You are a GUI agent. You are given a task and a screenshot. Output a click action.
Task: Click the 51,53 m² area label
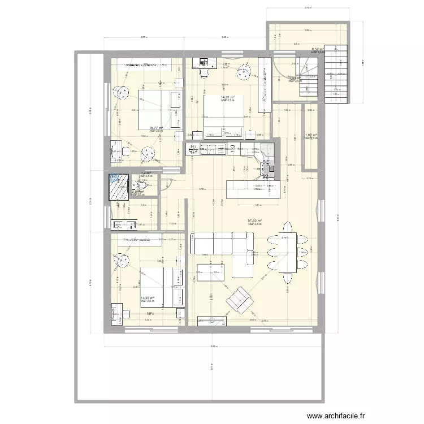pyautogui.click(x=256, y=221)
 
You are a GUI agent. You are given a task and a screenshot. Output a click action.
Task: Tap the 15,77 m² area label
pyautogui.click(x=155, y=128)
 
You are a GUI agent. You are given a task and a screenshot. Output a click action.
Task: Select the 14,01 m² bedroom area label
pyautogui.click(x=227, y=98)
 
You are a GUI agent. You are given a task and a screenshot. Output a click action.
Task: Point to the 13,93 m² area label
pyautogui.click(x=146, y=298)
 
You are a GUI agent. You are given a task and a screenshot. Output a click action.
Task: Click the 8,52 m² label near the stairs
pyautogui.click(x=317, y=50)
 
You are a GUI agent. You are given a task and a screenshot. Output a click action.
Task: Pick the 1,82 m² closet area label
pyautogui.click(x=311, y=136)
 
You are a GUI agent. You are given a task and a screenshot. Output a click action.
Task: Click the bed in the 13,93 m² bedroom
pyautogui.click(x=160, y=285)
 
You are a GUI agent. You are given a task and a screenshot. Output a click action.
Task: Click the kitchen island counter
pyautogui.click(x=253, y=189)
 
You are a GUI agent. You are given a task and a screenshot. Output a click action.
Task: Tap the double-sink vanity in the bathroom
pyautogui.click(x=124, y=225)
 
